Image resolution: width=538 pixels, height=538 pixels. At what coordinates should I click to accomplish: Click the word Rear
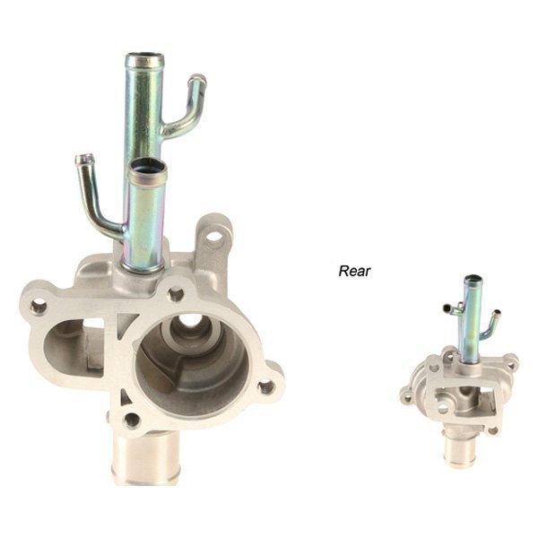pyautogui.click(x=354, y=268)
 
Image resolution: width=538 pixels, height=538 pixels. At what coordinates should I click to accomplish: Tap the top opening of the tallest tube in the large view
pyautogui.click(x=144, y=61)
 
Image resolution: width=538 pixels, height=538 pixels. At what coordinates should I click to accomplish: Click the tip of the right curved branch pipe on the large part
pyautogui.click(x=198, y=80)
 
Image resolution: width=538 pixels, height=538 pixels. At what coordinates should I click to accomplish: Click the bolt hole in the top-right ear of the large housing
pyautogui.click(x=214, y=237)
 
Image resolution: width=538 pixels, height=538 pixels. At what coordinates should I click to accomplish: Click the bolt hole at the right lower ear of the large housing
pyautogui.click(x=265, y=387)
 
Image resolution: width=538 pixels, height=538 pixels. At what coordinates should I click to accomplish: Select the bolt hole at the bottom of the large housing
pyautogui.click(x=132, y=419)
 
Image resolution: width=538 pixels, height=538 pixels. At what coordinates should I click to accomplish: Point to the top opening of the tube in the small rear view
pyautogui.click(x=473, y=280)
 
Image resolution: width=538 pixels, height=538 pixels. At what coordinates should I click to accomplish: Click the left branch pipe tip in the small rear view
pyautogui.click(x=446, y=308)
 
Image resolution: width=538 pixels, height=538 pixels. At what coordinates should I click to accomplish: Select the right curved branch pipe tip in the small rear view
pyautogui.click(x=498, y=315)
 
